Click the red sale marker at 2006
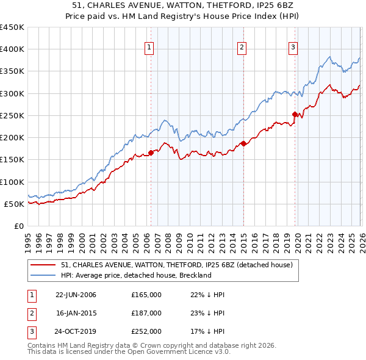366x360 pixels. [151, 153]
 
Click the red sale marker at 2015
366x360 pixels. [243, 143]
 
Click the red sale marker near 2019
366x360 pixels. [295, 114]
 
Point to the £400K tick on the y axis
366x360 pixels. [12, 49]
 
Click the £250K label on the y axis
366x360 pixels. [12, 115]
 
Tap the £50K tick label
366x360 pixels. [15, 204]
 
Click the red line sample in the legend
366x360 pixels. [43, 265]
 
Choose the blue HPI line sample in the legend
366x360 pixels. [43, 275]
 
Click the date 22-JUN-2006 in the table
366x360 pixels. [76, 295]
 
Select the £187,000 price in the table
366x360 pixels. [146, 313]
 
